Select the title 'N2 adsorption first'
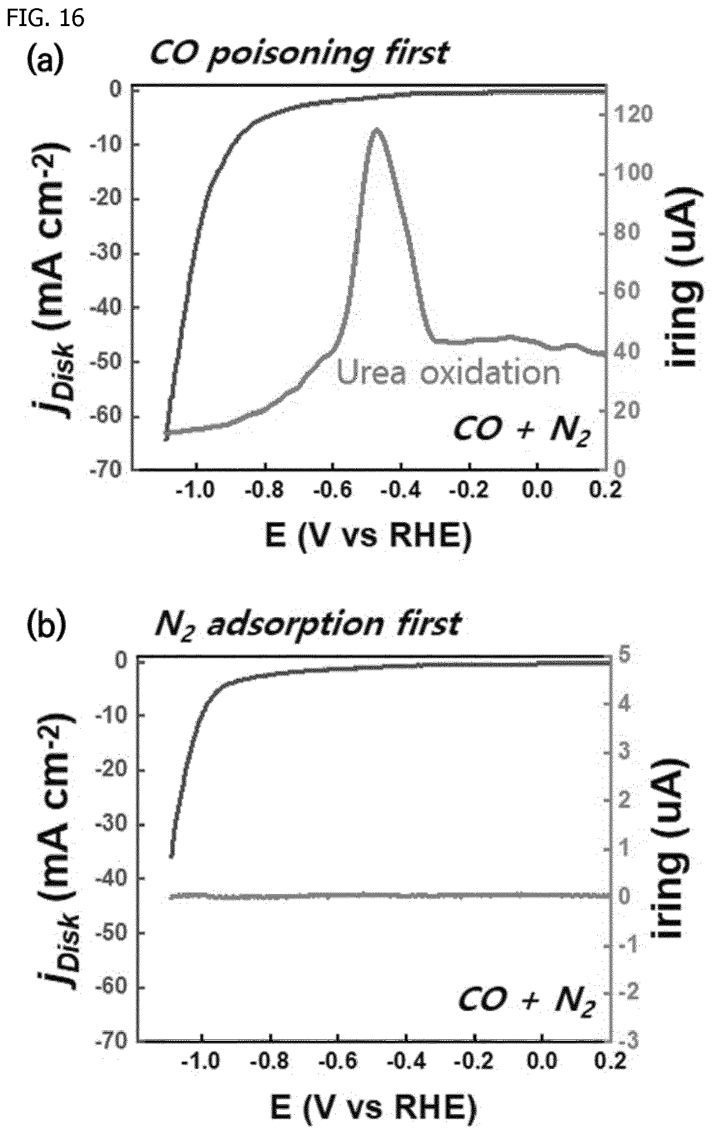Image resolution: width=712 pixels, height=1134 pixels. (308, 625)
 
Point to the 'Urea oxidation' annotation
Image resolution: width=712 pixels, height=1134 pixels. (448, 373)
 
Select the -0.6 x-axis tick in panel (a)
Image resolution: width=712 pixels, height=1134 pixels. (333, 490)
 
